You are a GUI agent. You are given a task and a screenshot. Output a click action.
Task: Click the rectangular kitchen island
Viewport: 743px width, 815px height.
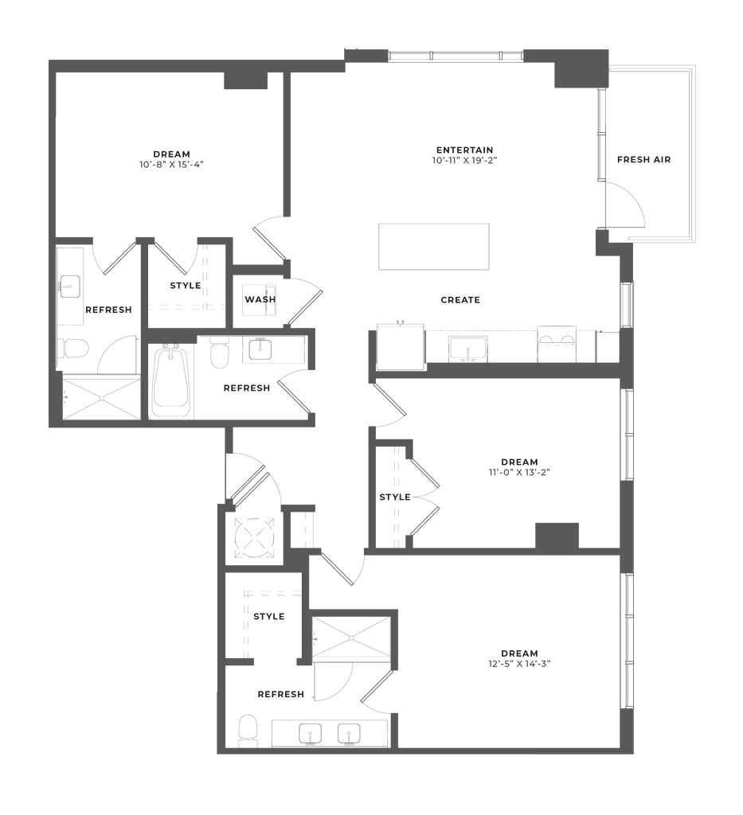point(434,247)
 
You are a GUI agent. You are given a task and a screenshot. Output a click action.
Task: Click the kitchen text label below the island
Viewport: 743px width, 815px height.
point(460,301)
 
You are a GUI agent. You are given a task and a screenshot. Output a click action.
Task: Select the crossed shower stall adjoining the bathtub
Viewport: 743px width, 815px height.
point(101,398)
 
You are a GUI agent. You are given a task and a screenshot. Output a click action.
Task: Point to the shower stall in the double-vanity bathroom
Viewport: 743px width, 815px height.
point(352,636)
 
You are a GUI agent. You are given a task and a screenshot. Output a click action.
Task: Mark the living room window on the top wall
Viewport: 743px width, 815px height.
point(454,55)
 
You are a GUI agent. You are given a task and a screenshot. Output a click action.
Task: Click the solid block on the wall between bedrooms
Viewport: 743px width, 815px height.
point(556,535)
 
